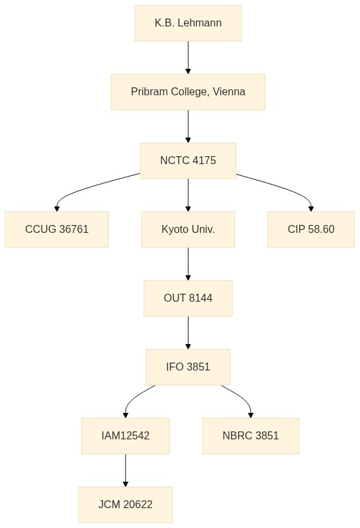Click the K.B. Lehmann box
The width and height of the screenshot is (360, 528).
[x=188, y=23]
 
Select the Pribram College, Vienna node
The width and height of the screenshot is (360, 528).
[x=188, y=91]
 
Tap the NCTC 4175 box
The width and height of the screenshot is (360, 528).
[x=188, y=161]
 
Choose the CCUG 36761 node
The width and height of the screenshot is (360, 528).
[x=56, y=230]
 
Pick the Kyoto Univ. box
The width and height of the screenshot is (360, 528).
[x=188, y=230]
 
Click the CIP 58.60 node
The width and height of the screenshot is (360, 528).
[x=311, y=230]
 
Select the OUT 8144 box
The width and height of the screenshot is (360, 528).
[x=188, y=298]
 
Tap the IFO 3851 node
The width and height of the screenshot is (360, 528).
[x=188, y=367]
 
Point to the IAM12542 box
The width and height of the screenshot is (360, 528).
[x=125, y=436]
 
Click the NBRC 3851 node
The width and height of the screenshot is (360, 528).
[x=251, y=436]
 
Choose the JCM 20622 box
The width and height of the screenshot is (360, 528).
[x=125, y=504]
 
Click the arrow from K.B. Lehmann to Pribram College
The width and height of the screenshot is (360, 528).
[x=188, y=58]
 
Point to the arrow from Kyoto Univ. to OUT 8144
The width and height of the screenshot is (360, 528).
[x=188, y=264]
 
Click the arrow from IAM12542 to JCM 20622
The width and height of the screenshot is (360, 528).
[x=125, y=470]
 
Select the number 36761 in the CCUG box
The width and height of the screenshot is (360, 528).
[x=73, y=230]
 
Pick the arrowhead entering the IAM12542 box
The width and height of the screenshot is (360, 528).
[x=125, y=416]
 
